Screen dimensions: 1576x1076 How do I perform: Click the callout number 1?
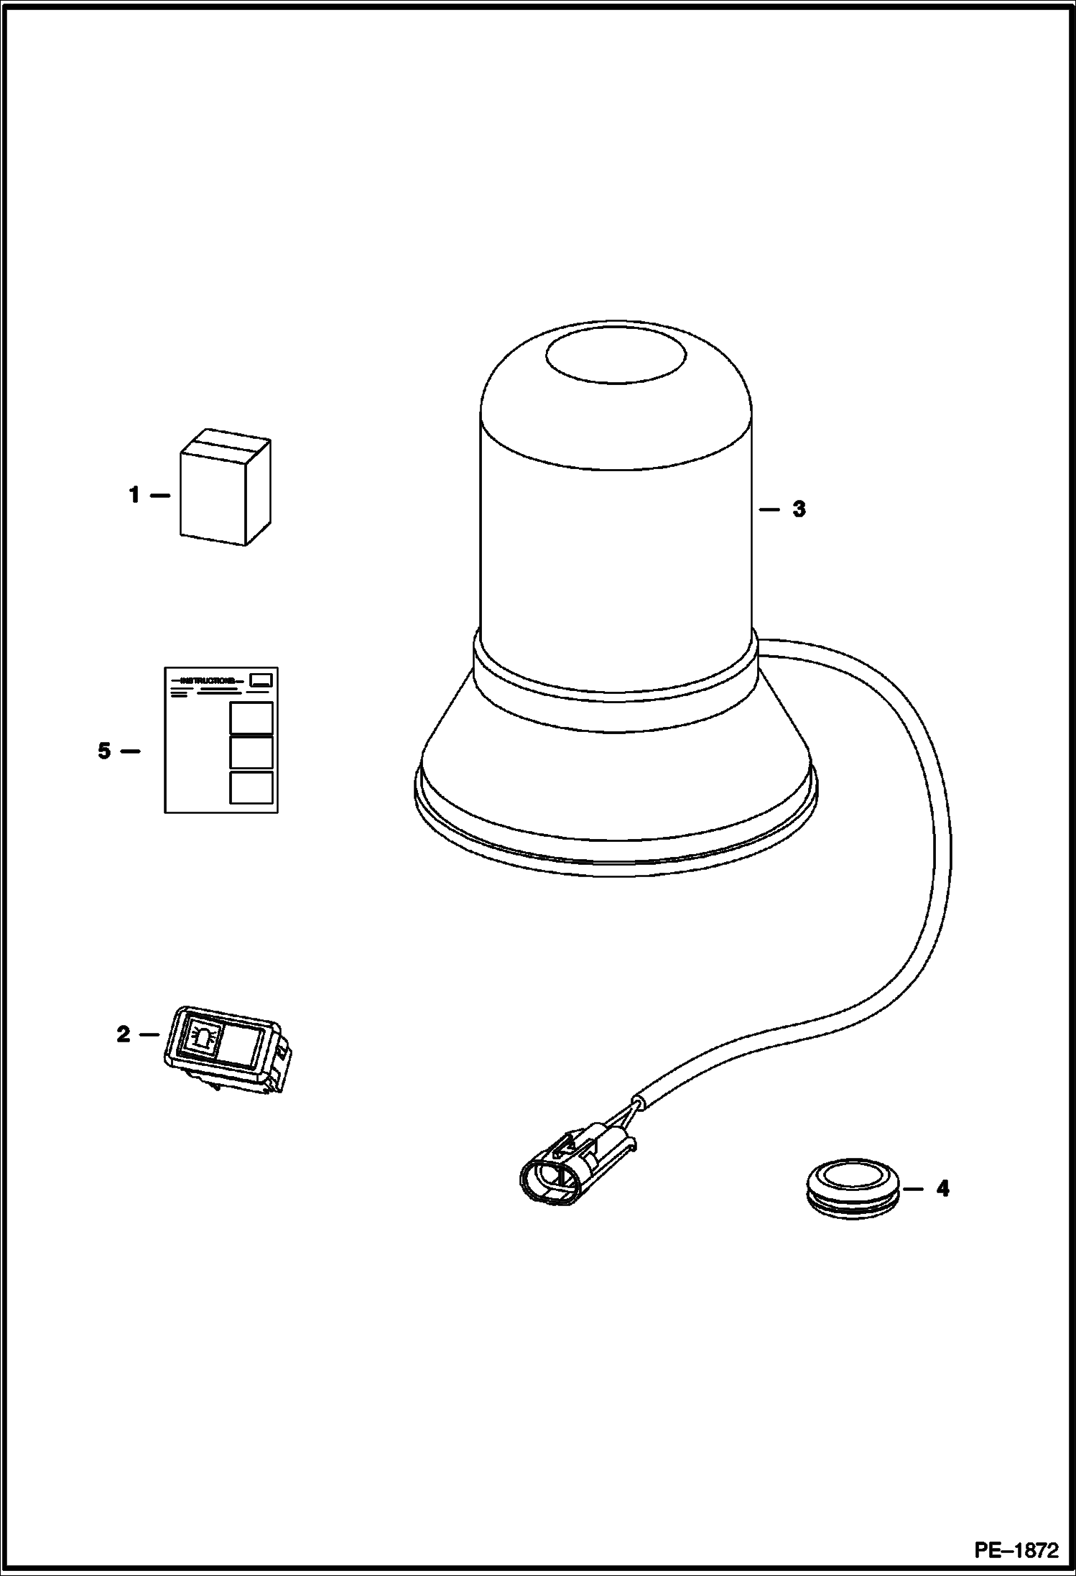coord(134,496)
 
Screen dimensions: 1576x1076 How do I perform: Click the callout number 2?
coord(124,1034)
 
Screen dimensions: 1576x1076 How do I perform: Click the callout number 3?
coord(799,509)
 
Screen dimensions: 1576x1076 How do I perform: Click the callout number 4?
coord(942,1189)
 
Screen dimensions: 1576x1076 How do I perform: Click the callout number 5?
coord(105,751)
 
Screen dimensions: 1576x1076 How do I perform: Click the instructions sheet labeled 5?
coord(221,740)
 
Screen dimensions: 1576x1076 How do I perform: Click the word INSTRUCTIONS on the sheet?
coord(208,680)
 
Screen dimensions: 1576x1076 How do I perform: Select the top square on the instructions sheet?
coord(251,718)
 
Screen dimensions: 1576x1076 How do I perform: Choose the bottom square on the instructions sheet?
coord(251,787)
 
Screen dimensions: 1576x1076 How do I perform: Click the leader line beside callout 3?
coord(769,509)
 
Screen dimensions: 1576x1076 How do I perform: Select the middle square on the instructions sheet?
coord(251,752)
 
